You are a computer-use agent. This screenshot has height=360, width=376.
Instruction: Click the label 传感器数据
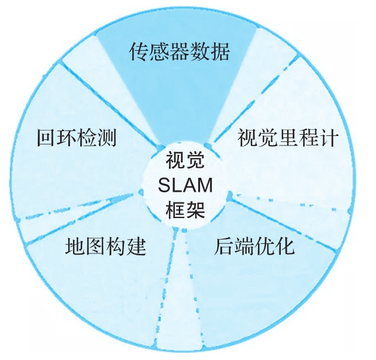[x=180, y=53]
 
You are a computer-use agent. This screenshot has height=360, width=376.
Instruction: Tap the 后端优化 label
[x=254, y=246]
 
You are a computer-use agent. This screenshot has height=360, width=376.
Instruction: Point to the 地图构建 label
[x=105, y=246]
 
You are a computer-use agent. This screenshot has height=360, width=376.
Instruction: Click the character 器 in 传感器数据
[x=180, y=53]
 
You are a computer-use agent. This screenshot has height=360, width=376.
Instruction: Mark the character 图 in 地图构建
[x=95, y=246]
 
